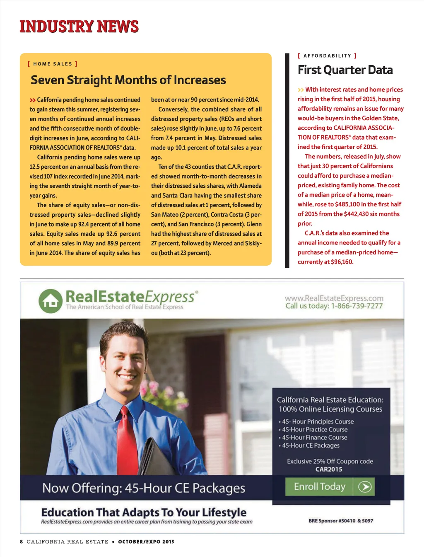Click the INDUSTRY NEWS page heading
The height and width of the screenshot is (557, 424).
[x=79, y=27]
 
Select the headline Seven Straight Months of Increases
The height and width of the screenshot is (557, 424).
[x=128, y=80]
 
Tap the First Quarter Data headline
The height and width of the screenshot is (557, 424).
[x=345, y=70]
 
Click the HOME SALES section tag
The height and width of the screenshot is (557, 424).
[x=53, y=64]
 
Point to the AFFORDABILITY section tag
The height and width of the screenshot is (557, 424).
[x=327, y=56]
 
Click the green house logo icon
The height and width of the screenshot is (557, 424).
[x=51, y=301]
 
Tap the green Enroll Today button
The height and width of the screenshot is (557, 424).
[x=330, y=487]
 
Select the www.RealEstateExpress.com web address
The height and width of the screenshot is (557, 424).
[x=334, y=298]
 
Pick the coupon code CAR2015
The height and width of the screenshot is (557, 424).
[x=329, y=469]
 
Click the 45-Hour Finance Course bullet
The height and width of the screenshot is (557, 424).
[x=314, y=438]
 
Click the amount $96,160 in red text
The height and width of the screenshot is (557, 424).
[x=342, y=262]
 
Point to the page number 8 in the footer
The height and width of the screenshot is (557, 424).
[x=22, y=542]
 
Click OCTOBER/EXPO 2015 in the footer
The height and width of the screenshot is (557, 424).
[x=146, y=542]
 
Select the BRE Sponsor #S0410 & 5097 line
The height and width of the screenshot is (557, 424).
[x=340, y=521]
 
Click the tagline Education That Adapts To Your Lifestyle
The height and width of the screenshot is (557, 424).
[x=144, y=513]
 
